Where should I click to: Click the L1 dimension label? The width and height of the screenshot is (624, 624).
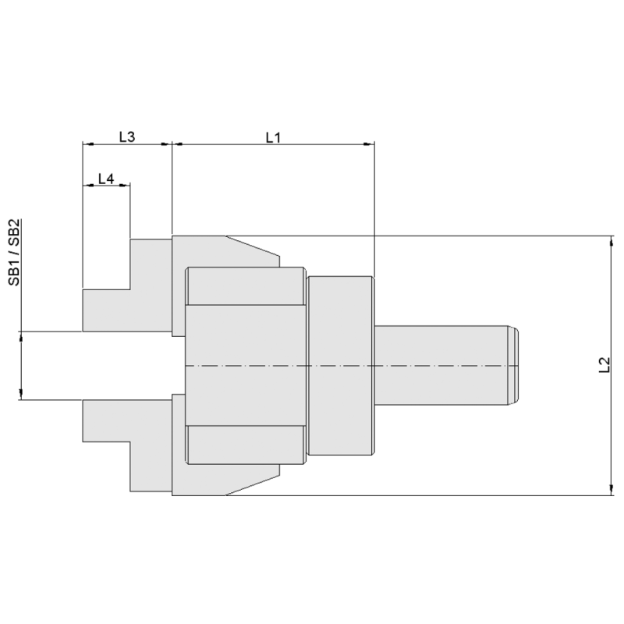pos(272,136)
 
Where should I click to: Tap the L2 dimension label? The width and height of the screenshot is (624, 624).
pos(603,364)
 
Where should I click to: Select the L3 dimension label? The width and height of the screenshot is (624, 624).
pos(127,136)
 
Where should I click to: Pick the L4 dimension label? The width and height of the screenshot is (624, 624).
pos(106,179)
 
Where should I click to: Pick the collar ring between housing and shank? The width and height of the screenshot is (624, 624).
pos(341,365)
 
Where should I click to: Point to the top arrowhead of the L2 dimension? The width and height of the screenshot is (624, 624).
pos(610,241)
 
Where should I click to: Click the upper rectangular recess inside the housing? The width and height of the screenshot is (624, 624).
pos(244,286)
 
